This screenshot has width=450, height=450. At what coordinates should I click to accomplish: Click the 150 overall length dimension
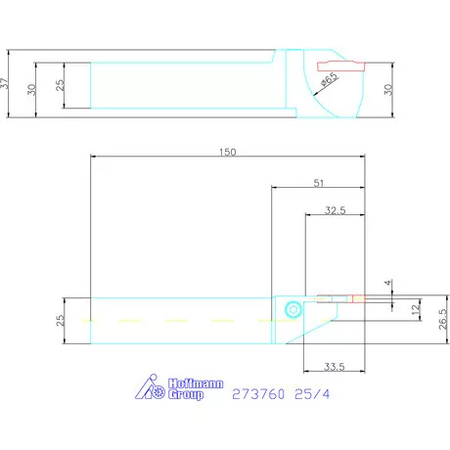pyautogui.click(x=227, y=152)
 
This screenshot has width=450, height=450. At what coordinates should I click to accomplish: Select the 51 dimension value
pyautogui.click(x=319, y=183)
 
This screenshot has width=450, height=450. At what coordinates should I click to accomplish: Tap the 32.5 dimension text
pyautogui.click(x=336, y=210)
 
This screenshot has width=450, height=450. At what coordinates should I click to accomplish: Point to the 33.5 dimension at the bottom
pyautogui.click(x=335, y=367)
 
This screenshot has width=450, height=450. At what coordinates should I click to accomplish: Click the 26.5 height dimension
pyautogui.click(x=442, y=319)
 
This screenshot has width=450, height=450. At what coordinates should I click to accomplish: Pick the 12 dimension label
pyautogui.click(x=416, y=309)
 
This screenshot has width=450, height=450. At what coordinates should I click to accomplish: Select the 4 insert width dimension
pyautogui.click(x=387, y=283)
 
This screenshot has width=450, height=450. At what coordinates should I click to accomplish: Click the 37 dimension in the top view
pyautogui.click(x=4, y=83)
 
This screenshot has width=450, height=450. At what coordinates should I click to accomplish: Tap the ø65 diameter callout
pyautogui.click(x=329, y=79)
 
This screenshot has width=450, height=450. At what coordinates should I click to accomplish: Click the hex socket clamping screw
pyautogui.click(x=292, y=309)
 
